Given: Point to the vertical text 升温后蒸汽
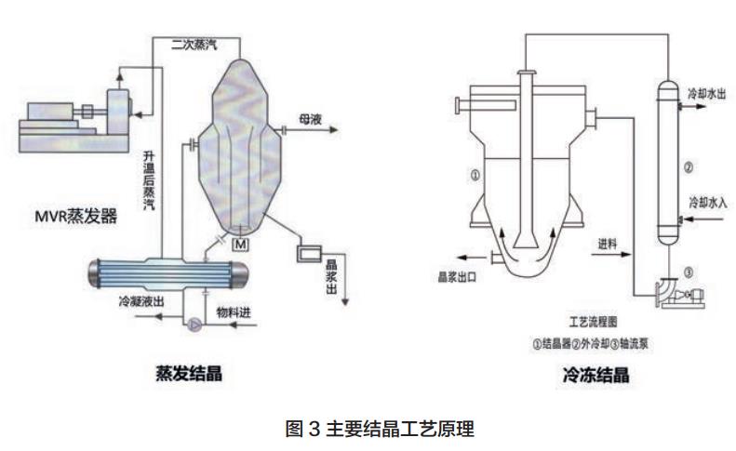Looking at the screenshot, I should [x=148, y=179].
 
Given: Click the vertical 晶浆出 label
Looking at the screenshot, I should [x=330, y=275].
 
